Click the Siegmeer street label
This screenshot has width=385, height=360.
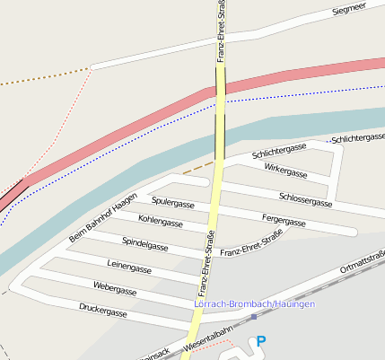click(x=349, y=9)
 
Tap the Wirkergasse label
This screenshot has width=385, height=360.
click(x=285, y=171)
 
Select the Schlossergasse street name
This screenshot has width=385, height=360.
click(x=306, y=199)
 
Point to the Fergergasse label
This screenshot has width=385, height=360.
click(x=284, y=220)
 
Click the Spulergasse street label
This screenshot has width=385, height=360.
click(x=173, y=203)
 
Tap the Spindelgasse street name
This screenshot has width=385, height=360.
click(x=145, y=243)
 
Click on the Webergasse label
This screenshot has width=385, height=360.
click(x=115, y=289)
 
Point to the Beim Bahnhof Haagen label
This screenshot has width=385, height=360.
click(x=102, y=218)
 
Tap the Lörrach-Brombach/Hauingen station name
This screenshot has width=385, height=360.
click(x=254, y=305)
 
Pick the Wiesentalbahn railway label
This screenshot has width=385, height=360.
click(x=207, y=338)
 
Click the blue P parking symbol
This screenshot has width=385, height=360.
click(x=261, y=341)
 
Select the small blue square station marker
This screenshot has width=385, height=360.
click(x=254, y=317)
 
